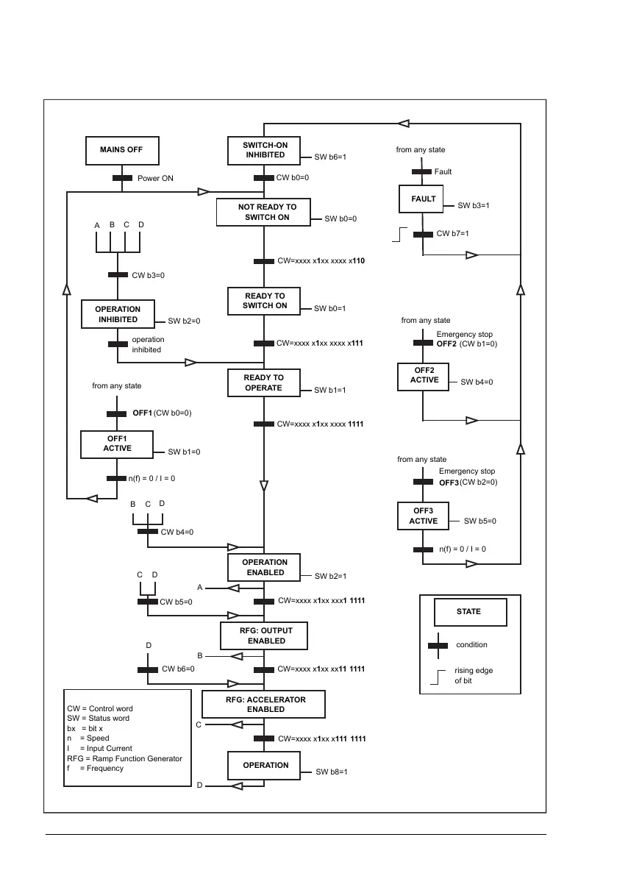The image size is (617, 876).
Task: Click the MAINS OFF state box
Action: tap(121, 150)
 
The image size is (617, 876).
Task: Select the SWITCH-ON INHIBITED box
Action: tap(265, 151)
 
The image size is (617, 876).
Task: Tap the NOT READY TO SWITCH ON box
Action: tap(263, 213)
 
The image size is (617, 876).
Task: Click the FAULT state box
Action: tap(423, 199)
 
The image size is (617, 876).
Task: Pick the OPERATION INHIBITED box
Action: tap(118, 315)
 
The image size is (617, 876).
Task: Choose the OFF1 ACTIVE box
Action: tap(117, 444)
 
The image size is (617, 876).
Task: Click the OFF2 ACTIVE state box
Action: tap(424, 375)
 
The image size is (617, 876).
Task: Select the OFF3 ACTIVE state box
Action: tap(423, 516)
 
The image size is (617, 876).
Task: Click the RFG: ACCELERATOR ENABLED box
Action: tap(264, 704)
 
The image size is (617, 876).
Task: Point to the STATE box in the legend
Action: tap(468, 611)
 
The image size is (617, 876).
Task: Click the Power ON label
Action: tap(155, 178)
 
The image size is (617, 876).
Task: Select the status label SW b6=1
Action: tap(329, 157)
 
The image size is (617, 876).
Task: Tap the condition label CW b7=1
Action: tap(452, 234)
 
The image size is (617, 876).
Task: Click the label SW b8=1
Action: tap(331, 772)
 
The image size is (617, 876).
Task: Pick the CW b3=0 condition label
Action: tap(148, 275)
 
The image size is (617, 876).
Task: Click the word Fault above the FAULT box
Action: tap(443, 172)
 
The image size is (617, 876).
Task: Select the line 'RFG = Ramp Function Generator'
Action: tap(124, 758)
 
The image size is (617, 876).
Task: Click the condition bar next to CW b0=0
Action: tap(264, 178)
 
